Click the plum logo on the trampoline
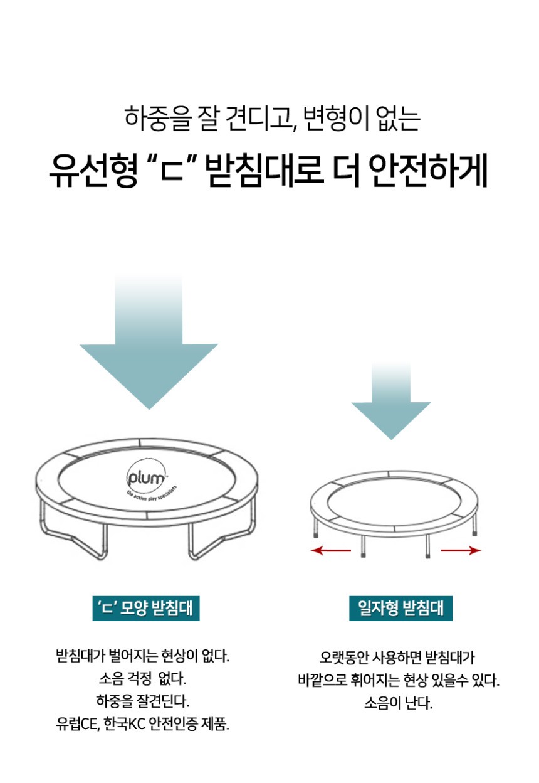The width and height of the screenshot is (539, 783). pos(145,476)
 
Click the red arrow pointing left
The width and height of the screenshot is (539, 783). pos(330,551)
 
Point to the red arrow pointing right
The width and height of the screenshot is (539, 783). pos(461,551)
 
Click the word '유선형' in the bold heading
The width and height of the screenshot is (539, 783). pos(93,171)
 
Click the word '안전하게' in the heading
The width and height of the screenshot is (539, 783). pos(428,171)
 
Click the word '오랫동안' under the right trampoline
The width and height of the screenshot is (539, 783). pos(344,658)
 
